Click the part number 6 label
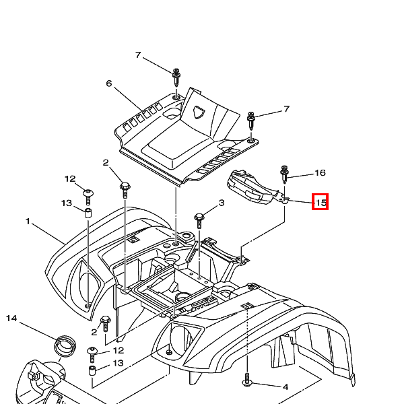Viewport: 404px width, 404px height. coord(109,83)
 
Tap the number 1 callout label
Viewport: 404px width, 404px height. coord(28,222)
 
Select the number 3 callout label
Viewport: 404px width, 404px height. coord(222,203)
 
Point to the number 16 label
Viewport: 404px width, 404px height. coord(320,172)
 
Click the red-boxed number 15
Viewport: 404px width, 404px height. coord(321,202)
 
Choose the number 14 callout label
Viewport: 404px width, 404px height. coord(11,318)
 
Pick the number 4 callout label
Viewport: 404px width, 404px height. coord(285,387)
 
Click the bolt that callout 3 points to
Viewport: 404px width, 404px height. coord(199,220)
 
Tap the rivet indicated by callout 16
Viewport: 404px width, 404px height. coord(284,174)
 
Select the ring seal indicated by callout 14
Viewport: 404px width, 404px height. coord(65,345)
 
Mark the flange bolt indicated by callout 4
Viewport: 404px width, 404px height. coord(247,380)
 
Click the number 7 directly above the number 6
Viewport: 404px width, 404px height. coord(138,55)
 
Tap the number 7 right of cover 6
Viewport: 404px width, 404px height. coord(286,109)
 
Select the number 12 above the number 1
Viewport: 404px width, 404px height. coord(70,179)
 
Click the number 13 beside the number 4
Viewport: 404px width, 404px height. coord(118,363)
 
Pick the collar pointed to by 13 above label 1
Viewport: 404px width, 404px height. coord(88,213)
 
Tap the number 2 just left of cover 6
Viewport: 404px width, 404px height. coord(106,163)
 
